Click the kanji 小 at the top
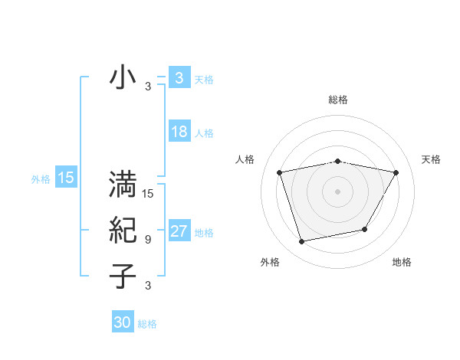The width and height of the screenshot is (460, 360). [x=123, y=78]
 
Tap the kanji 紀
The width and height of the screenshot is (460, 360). [x=123, y=229]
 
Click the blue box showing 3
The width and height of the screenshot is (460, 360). [x=179, y=77]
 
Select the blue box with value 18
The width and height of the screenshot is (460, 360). [x=179, y=132]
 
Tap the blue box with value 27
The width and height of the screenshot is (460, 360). [x=179, y=231]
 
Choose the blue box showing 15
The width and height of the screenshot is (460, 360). [x=65, y=178]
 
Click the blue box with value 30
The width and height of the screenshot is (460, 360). [x=123, y=322]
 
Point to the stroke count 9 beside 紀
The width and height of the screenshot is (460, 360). [x=148, y=240]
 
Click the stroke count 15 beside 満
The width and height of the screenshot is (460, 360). [x=148, y=194]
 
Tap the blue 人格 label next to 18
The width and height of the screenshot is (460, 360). [x=204, y=133]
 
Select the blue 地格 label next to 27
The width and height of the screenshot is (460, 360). [x=204, y=233]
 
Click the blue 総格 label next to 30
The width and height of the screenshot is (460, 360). [x=147, y=324]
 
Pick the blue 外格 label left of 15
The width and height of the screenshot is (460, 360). [x=41, y=180]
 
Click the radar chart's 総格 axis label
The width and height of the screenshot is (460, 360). [x=338, y=100]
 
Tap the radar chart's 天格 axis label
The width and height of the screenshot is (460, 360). [x=431, y=159]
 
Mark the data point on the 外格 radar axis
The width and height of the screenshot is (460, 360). [x=302, y=241]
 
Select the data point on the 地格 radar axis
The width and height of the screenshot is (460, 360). [x=365, y=229]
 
